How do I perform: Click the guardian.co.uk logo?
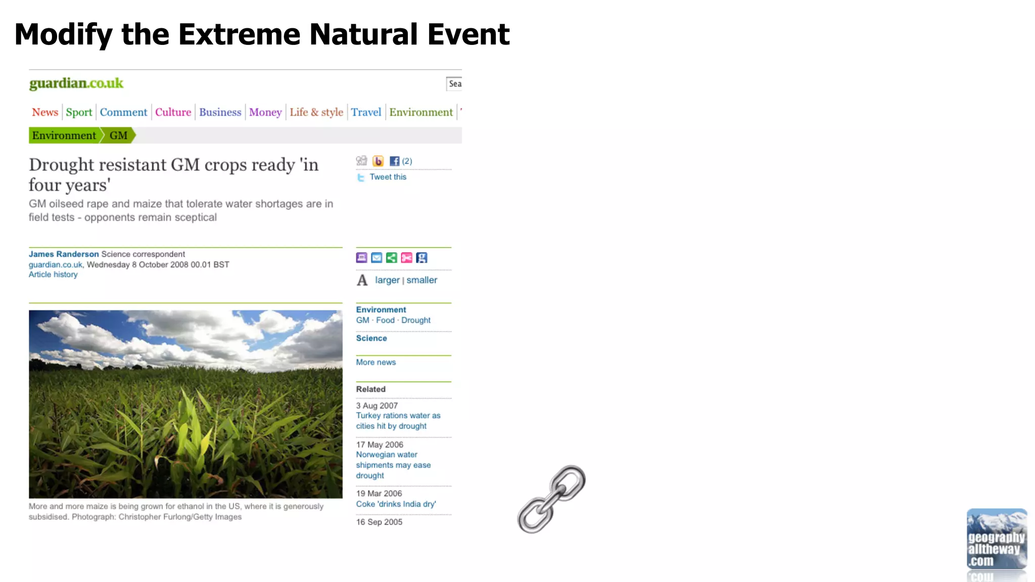(x=76, y=83)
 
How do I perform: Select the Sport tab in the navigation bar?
(x=79, y=112)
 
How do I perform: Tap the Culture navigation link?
(x=173, y=112)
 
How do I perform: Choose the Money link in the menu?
(x=265, y=112)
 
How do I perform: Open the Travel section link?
(x=366, y=112)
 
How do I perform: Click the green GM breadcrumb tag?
(x=119, y=135)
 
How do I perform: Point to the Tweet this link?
(x=388, y=177)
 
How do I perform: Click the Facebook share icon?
(x=395, y=161)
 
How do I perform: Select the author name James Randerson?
(x=64, y=254)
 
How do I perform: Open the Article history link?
(x=53, y=274)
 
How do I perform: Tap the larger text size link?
(x=387, y=280)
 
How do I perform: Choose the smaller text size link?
(x=422, y=280)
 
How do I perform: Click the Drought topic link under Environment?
(x=416, y=320)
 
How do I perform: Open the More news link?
(x=376, y=362)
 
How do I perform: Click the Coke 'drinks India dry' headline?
(x=396, y=504)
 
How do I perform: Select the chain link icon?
(x=551, y=499)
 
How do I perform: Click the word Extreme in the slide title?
(x=240, y=34)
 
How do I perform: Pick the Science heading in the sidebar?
(x=371, y=338)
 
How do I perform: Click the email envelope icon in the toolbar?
(x=377, y=258)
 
